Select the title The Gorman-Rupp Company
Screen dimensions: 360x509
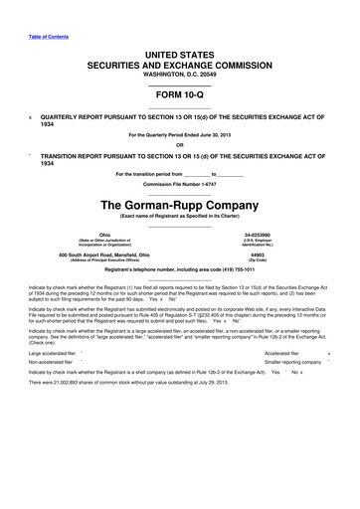[179, 205]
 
